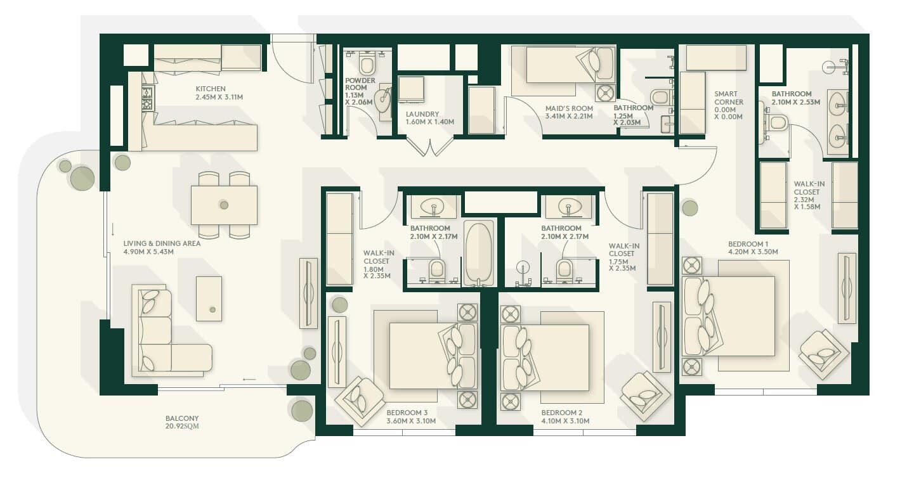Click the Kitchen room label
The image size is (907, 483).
tap(211, 89)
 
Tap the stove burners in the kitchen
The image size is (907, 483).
tap(148, 99)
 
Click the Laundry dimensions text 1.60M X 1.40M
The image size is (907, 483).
tap(430, 122)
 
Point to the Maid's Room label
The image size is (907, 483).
tap(569, 108)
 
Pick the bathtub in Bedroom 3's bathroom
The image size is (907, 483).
tap(479, 253)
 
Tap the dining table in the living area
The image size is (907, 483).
tap(224, 205)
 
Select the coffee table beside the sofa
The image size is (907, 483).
tap(209, 299)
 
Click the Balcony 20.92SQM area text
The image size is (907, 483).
tap(182, 422)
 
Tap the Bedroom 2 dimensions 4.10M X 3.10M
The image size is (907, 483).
tap(565, 421)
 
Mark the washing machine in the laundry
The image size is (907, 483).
tap(411, 89)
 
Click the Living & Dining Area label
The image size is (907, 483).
tap(162, 243)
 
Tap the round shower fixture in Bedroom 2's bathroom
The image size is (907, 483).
tap(523, 267)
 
